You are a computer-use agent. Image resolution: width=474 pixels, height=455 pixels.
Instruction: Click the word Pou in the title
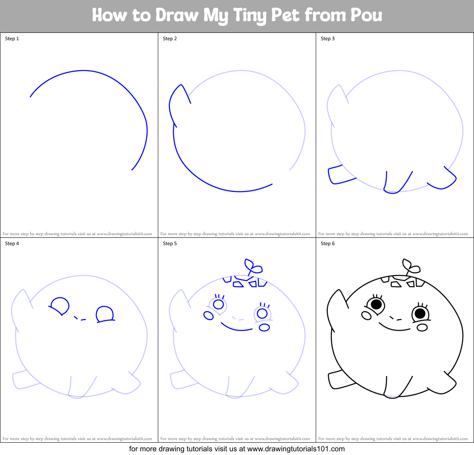click(366, 16)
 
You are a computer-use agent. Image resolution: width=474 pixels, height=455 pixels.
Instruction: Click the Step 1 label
click(12, 39)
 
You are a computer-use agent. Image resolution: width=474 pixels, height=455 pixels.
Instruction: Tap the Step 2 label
click(170, 39)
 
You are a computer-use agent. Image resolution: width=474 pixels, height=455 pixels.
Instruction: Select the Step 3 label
click(328, 39)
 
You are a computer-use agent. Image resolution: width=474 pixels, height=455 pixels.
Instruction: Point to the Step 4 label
click(12, 244)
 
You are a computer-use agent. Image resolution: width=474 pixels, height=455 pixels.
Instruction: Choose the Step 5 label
click(170, 244)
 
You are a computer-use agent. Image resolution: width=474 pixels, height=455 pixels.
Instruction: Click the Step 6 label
click(328, 244)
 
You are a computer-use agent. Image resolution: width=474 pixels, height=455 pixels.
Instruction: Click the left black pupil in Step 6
click(376, 304)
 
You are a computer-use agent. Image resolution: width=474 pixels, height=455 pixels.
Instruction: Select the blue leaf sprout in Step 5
click(253, 267)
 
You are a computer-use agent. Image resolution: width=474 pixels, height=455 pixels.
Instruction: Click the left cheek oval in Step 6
click(366, 315)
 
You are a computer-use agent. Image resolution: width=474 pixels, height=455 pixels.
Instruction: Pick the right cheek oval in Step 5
click(264, 327)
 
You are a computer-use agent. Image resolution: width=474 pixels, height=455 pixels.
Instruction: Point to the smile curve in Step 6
click(394, 327)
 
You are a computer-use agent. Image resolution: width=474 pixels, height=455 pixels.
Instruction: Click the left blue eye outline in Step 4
click(60, 306)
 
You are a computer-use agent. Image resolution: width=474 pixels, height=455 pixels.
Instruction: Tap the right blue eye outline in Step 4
click(105, 314)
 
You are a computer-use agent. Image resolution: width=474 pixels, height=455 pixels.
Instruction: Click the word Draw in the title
click(177, 16)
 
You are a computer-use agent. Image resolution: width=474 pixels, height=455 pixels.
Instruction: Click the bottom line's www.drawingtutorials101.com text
click(296, 449)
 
